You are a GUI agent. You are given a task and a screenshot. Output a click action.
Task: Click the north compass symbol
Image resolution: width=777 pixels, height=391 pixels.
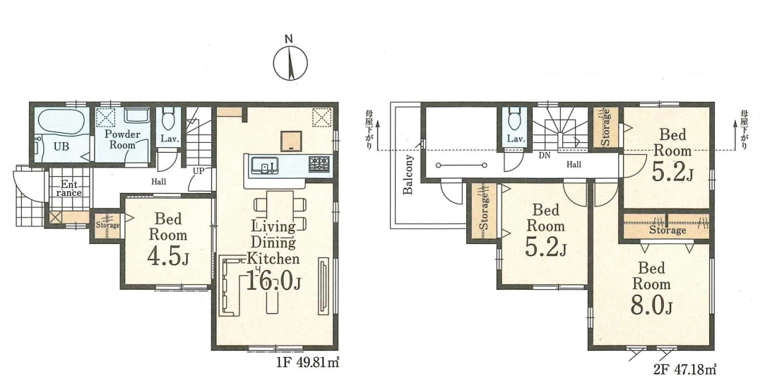tap(290, 63)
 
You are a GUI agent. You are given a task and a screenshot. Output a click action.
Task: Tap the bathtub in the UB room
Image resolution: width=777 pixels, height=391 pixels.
tap(61, 122)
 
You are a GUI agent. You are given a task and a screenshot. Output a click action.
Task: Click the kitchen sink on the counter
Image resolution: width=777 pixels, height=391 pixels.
tap(265, 164)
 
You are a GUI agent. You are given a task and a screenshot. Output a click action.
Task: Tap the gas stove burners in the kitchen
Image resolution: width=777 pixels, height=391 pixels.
tap(319, 164)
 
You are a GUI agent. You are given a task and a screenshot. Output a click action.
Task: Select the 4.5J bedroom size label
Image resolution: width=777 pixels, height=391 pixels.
tap(169, 257)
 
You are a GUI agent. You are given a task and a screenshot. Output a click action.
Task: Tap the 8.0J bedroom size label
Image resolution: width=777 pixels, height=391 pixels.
tap(651, 306)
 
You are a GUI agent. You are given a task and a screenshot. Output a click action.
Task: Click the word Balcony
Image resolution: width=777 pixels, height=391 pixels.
tap(408, 175)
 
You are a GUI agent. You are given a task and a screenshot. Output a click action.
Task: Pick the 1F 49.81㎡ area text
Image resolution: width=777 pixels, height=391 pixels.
tap(307, 363)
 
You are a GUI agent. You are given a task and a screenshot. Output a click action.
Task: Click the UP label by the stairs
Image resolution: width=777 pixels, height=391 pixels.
tap(198, 170)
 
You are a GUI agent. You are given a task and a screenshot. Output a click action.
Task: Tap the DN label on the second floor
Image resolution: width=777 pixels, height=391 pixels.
tap(545, 156)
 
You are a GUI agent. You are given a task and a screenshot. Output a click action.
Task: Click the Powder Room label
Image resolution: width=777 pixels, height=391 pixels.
tap(122, 139)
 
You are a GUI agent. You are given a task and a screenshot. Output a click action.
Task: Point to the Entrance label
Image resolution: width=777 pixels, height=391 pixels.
tap(69, 189)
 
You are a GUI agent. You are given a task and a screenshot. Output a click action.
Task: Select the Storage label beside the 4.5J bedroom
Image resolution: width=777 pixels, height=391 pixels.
tap(107, 226)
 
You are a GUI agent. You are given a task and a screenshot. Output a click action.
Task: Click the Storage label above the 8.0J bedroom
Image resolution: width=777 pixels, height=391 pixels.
tap(668, 230)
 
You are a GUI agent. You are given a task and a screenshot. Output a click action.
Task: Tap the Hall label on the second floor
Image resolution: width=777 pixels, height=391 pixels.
tap(574, 164)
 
